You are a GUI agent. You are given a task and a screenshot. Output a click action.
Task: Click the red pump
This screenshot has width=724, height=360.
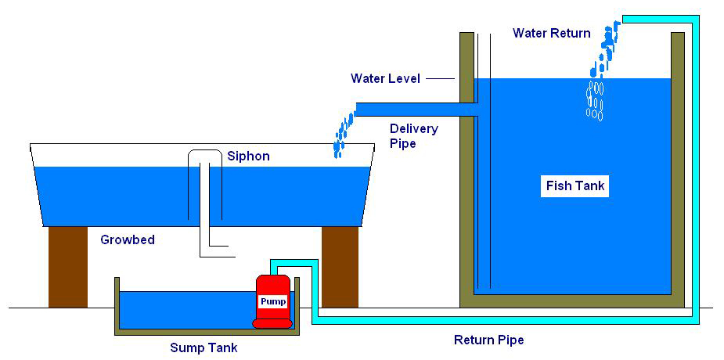(273, 301)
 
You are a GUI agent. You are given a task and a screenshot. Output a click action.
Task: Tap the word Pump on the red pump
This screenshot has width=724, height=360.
(273, 302)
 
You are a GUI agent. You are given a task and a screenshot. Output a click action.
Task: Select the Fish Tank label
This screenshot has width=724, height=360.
(575, 186)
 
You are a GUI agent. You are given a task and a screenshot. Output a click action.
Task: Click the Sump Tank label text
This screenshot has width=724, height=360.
(204, 347)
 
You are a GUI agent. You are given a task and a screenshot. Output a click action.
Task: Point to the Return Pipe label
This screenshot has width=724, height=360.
(489, 340)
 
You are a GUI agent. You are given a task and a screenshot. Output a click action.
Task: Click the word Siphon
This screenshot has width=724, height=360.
(248, 156)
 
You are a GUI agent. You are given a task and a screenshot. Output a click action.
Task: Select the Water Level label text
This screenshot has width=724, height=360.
(386, 78)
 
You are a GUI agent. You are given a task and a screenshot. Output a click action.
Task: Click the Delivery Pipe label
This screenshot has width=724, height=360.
(414, 135)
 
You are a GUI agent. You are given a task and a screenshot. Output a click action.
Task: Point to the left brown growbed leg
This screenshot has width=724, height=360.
(68, 267)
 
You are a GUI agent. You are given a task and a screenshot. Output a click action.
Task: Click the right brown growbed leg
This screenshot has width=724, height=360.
(340, 267)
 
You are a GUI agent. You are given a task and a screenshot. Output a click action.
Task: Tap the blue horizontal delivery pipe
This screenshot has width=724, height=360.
(416, 109)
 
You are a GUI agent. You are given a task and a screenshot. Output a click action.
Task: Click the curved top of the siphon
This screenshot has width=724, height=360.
(205, 151)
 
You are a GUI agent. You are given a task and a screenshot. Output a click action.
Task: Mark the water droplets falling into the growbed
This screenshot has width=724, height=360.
(344, 134)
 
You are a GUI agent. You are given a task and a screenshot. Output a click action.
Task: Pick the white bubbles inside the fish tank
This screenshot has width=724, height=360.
(595, 101)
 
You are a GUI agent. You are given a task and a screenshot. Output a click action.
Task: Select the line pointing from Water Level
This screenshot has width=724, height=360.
(440, 79)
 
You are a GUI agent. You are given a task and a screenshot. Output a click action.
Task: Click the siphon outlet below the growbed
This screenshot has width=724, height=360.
(217, 251)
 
